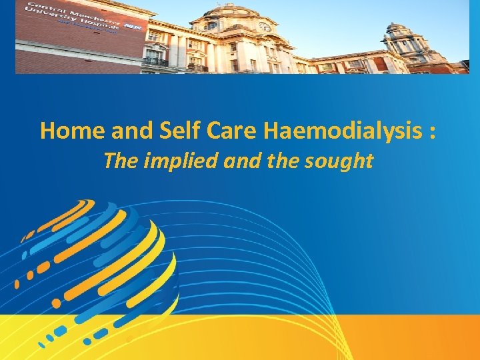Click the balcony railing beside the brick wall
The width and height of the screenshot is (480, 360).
click(155, 61)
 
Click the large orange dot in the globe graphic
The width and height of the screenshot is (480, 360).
click(57, 303)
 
